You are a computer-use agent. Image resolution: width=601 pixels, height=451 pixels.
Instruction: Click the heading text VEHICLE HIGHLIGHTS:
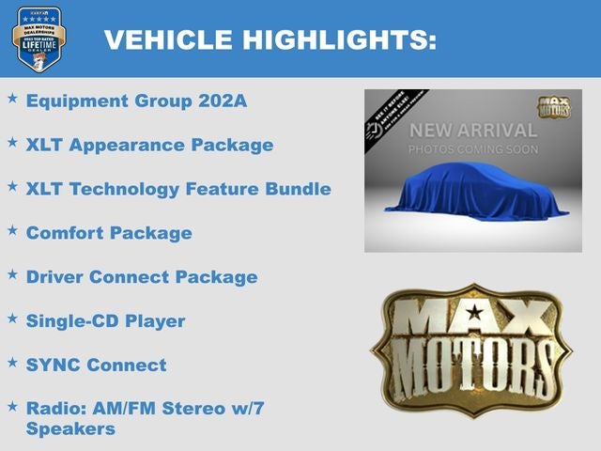[270, 39]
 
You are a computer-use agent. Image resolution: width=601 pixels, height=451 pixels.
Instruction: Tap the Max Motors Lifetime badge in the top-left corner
[39, 39]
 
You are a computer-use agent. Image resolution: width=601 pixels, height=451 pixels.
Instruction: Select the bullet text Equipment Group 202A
[136, 101]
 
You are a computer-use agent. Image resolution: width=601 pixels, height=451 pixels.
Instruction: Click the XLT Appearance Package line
[149, 146]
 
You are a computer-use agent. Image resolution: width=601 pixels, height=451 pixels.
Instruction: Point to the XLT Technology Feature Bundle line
[178, 189]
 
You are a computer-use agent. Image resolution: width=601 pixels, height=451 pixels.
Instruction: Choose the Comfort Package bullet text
[109, 233]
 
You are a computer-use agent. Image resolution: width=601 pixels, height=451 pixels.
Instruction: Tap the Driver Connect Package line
[141, 277]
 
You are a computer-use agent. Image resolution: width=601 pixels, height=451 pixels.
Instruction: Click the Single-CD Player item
[105, 321]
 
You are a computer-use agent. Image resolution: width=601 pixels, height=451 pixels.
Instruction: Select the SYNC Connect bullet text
[96, 365]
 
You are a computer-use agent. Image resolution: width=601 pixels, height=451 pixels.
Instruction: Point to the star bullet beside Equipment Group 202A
[12, 98]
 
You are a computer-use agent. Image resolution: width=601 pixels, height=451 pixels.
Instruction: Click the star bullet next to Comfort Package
[12, 229]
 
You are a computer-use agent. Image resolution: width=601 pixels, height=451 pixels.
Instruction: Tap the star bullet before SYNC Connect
[12, 362]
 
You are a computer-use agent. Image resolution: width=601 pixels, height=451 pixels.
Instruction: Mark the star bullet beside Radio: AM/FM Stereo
[12, 406]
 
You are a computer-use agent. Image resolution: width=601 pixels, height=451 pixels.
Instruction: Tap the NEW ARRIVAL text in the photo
[473, 131]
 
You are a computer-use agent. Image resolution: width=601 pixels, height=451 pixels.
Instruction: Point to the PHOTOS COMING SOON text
[473, 149]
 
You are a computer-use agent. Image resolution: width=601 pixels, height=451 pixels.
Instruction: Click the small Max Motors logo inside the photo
[553, 106]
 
